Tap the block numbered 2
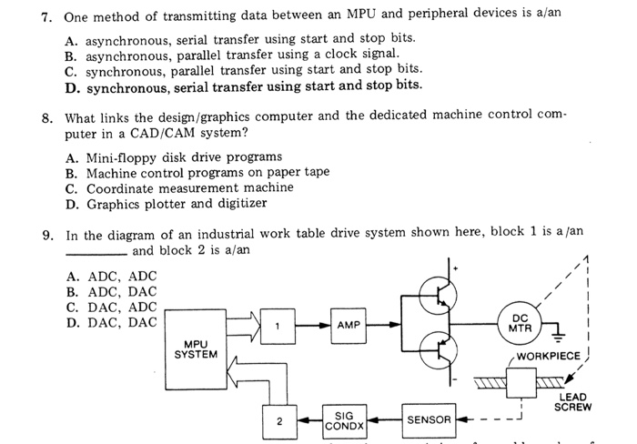click(279, 420)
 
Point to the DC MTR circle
click(520, 323)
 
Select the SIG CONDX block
click(344, 419)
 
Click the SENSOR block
click(429, 419)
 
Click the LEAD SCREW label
click(573, 401)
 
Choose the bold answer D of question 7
click(246, 86)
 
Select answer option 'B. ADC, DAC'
click(112, 291)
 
